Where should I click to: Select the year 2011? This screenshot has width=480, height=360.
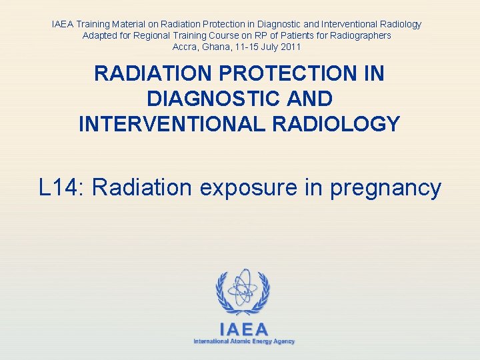point(290,47)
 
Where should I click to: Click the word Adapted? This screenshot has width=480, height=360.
point(100,35)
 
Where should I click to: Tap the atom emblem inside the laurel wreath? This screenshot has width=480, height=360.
point(243,287)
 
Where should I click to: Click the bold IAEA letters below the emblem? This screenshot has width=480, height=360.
point(244,329)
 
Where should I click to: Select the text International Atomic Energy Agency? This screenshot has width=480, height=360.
point(244,341)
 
